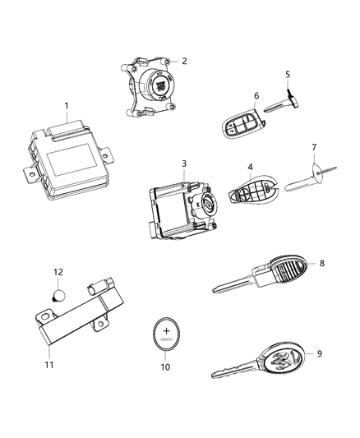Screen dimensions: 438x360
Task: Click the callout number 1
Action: (67, 106)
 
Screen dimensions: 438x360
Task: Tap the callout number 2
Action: (184, 61)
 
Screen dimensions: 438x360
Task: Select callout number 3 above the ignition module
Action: (184, 164)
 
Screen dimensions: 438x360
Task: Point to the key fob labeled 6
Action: (239, 127)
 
